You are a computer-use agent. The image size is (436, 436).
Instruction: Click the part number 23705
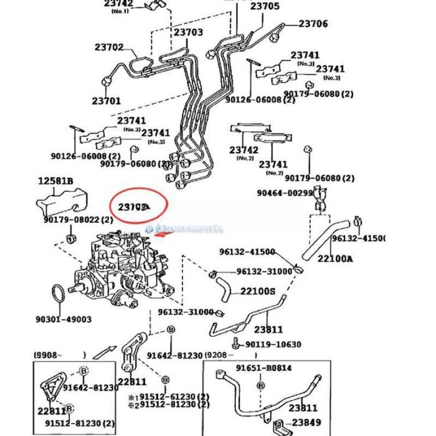click(x=265, y=7)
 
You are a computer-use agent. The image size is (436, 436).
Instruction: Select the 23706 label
click(x=313, y=24)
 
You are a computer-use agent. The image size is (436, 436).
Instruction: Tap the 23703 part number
click(x=188, y=32)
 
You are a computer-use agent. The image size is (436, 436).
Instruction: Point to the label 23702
click(x=109, y=47)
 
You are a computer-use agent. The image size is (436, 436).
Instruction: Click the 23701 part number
click(x=108, y=100)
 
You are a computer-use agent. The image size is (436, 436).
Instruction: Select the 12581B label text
click(x=55, y=181)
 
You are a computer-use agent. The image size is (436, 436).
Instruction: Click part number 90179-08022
click(x=78, y=219)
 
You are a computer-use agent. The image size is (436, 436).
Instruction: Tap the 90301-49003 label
click(x=63, y=320)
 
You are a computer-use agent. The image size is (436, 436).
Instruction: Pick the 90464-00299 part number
click(x=285, y=193)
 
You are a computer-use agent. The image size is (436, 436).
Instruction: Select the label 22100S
click(x=258, y=291)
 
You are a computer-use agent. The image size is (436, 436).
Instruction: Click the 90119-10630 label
click(x=273, y=344)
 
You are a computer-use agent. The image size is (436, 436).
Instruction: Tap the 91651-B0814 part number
click(x=263, y=367)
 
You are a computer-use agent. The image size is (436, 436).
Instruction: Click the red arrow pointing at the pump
click(x=163, y=234)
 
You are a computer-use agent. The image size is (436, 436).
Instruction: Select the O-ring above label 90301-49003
click(x=57, y=292)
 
